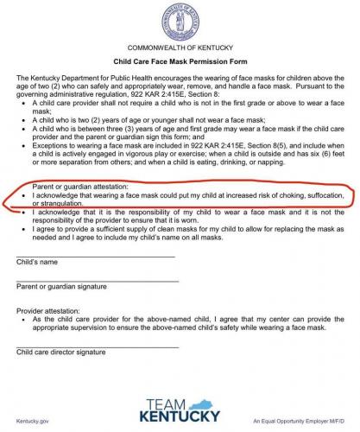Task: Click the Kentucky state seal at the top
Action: [x=180, y=19]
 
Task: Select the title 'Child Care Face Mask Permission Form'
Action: [x=180, y=62]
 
